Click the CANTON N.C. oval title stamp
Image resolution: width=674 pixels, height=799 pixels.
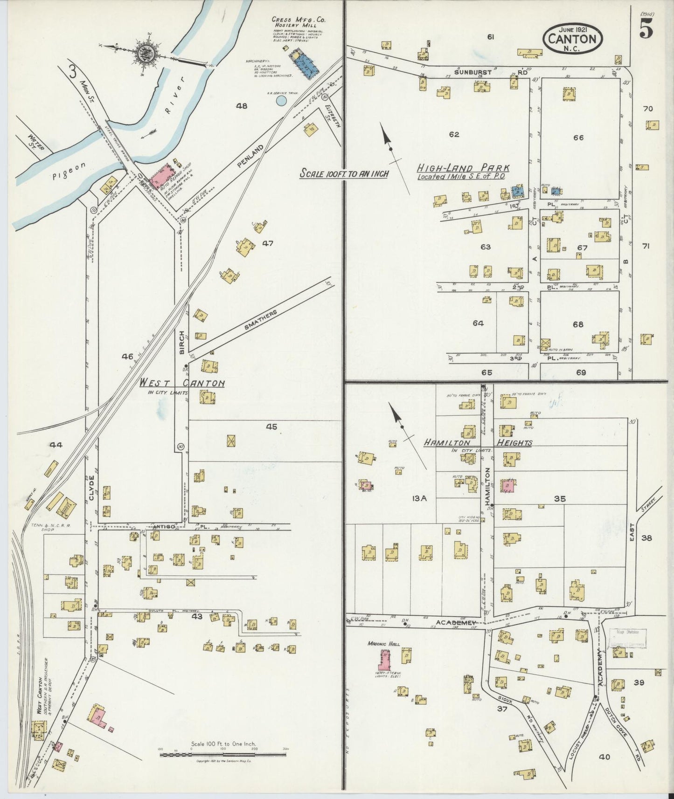[x=572, y=39]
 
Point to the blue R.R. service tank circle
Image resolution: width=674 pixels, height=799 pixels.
[x=281, y=100]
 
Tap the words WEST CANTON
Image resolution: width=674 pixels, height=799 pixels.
[x=182, y=383]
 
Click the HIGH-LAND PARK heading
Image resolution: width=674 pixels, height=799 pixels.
[x=463, y=168]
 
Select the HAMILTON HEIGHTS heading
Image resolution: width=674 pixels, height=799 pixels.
[x=477, y=442]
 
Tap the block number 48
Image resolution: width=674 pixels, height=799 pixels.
[x=241, y=106]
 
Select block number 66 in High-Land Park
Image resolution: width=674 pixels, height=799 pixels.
[x=578, y=138]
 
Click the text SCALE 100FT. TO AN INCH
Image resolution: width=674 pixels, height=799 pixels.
[x=344, y=174]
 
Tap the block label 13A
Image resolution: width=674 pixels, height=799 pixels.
[x=419, y=498]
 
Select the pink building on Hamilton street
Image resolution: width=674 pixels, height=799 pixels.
[x=508, y=486]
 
